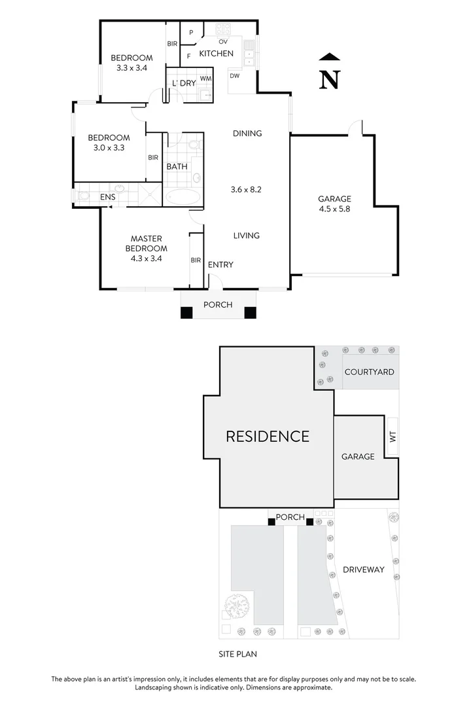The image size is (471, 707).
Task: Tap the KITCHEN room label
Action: coord(216,53)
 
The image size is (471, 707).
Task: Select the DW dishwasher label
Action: coord(234,76)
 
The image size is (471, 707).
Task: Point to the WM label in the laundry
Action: coord(205,79)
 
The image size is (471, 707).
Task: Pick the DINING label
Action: coord(247,134)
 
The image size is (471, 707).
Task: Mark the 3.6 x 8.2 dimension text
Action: coord(247,190)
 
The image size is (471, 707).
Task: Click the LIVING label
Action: coord(247,236)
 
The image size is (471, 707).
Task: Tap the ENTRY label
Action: coord(220,264)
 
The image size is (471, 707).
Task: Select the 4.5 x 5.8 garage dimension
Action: coord(334,210)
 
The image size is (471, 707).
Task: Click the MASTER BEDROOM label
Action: coord(147,244)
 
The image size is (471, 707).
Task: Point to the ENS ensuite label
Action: coord(107,196)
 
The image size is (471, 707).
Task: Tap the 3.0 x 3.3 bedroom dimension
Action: coord(109,148)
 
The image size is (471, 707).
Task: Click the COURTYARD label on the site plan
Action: coord(369,372)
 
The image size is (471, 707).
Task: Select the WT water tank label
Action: coord(392,436)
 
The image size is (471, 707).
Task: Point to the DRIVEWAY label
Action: coord(363,570)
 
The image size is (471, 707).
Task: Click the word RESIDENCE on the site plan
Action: coord(268,436)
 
